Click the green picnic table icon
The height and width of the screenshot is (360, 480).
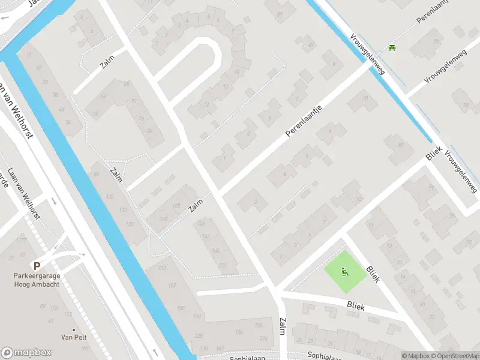tap(391, 47)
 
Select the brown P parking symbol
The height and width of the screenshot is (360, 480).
tap(37, 266)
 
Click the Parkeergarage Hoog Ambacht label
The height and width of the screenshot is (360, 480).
tap(37, 280)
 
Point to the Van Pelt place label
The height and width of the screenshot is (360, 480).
tap(74, 337)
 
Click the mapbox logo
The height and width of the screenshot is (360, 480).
tap(25, 352)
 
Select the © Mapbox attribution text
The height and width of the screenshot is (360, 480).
tap(415, 356)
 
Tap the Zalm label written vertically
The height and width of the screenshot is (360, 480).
tap(282, 327)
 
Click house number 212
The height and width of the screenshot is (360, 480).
tap(162, 268)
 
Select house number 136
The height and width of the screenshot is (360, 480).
tap(201, 223)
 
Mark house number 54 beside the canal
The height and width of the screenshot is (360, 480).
tap(68, 122)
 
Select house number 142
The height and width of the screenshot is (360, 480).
tap(207, 237)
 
